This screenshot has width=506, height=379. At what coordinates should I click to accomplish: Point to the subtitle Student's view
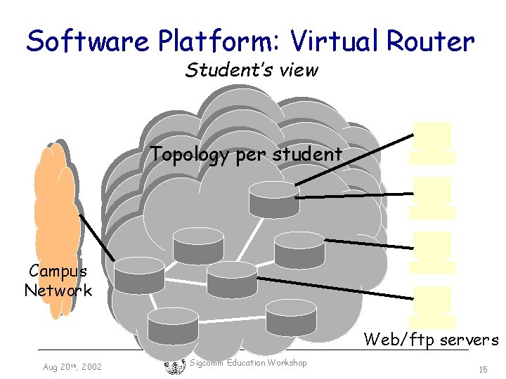click(x=252, y=70)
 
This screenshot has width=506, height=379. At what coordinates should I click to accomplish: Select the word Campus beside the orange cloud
click(x=58, y=271)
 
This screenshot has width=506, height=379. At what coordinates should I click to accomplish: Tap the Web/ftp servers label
click(x=431, y=340)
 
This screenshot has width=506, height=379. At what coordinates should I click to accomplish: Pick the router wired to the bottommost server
click(x=233, y=279)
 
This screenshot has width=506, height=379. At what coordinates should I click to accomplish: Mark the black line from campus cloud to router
click(x=97, y=237)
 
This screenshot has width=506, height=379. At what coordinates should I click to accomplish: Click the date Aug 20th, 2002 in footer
click(x=72, y=367)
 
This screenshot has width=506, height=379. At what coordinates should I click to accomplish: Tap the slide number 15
click(x=482, y=368)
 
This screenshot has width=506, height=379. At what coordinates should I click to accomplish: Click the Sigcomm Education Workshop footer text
click(x=248, y=363)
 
